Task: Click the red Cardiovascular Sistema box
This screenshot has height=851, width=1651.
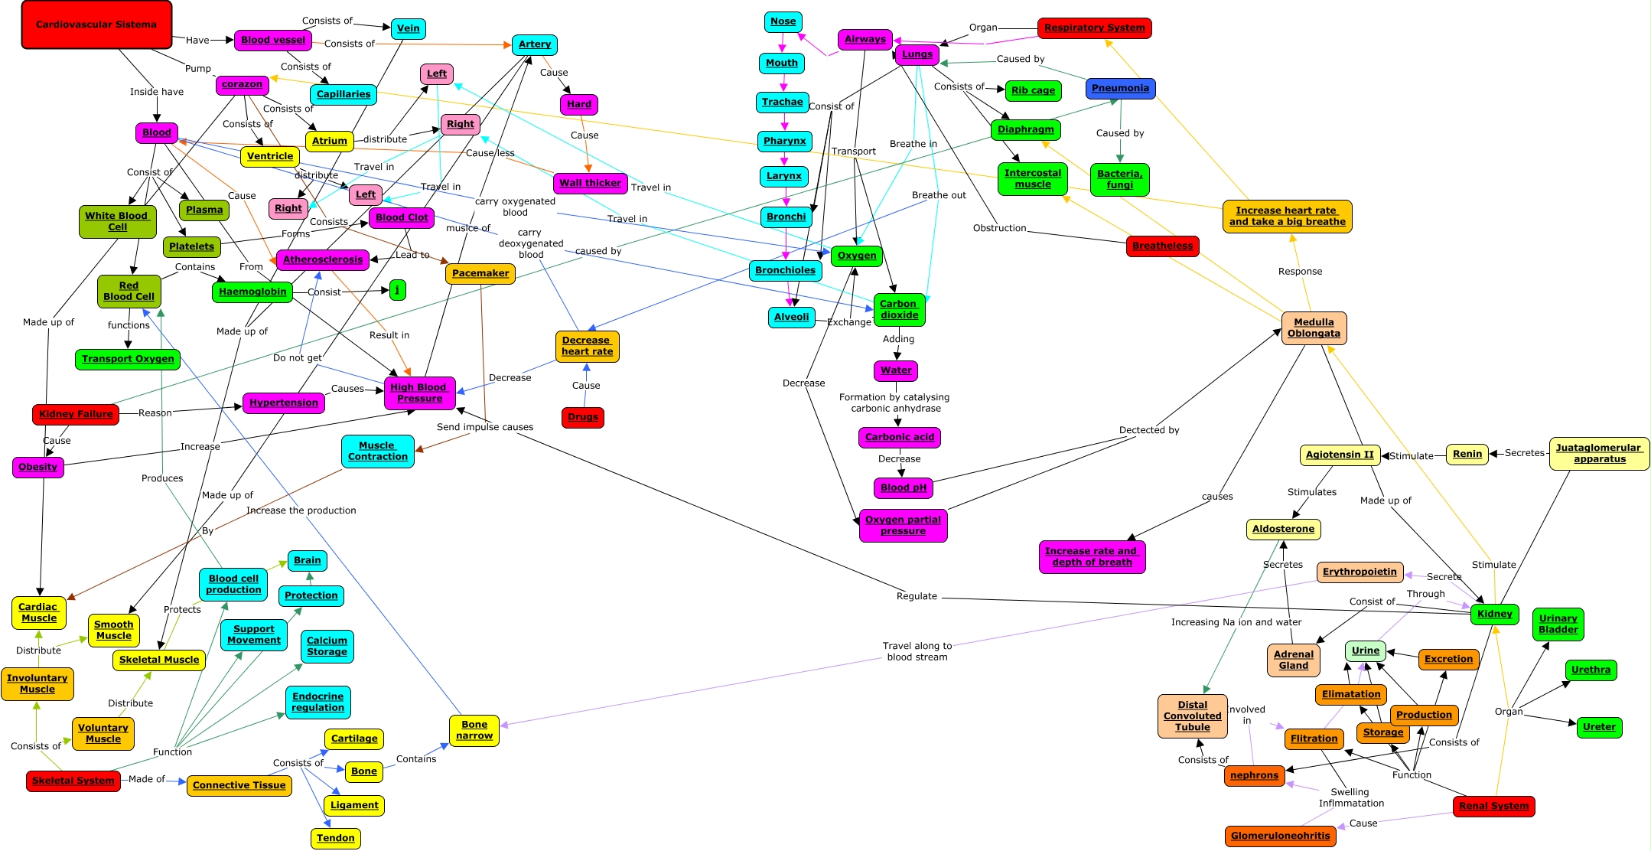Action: pos(96,24)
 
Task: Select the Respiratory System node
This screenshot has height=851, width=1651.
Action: pos(1094,28)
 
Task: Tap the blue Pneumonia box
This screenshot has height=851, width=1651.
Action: pos(1120,88)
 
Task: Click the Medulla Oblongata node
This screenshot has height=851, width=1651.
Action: pos(1314,328)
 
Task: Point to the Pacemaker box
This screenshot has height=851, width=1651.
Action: pos(480,273)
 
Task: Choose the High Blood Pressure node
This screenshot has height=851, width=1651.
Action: pos(419,393)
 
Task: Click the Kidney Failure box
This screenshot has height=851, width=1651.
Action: pos(76,414)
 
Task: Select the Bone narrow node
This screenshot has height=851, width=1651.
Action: pos(474,730)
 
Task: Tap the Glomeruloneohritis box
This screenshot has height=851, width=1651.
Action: pos(1280,836)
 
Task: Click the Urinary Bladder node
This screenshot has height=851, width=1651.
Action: pos(1558,624)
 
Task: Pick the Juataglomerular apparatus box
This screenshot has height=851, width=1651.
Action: pos(1599,453)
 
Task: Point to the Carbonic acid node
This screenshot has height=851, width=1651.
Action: pos(899,437)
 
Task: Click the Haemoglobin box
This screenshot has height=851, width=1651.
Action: pos(252,292)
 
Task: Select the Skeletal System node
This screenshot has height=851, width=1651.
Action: pos(73,781)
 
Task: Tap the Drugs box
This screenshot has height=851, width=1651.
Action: pos(583,417)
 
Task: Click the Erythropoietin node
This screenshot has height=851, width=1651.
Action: pos(1360,572)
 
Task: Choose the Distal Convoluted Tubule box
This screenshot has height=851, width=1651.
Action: pos(1192,716)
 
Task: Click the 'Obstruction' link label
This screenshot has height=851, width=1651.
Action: pos(999,228)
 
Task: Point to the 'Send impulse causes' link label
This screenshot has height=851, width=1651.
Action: pos(485,427)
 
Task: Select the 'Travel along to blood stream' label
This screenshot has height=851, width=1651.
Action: pos(917,651)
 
